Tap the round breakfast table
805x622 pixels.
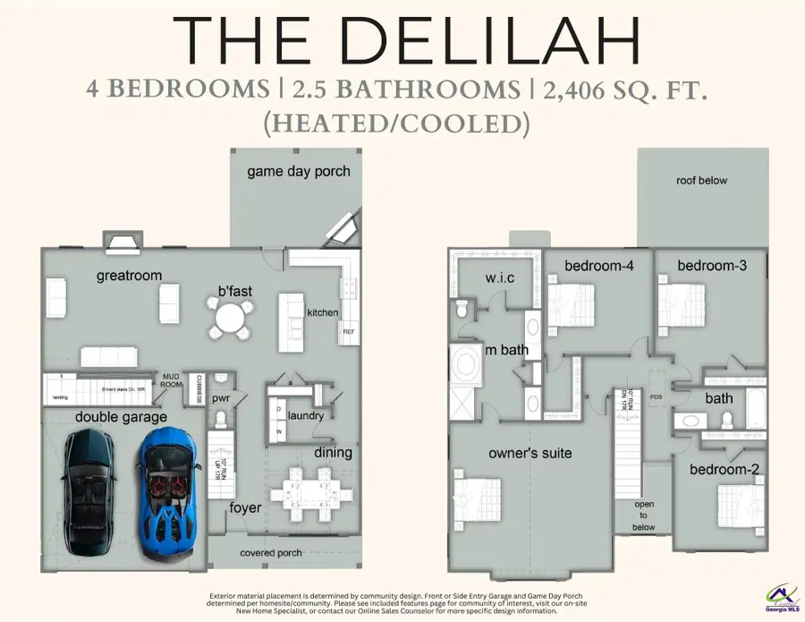point(230,318)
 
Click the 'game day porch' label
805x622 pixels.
point(299,171)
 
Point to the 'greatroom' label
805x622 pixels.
point(129,276)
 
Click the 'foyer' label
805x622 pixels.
point(246,508)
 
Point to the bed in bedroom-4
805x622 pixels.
point(572,302)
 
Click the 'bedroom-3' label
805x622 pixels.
point(712,265)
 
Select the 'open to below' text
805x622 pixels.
point(644,515)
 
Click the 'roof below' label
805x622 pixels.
point(702,181)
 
